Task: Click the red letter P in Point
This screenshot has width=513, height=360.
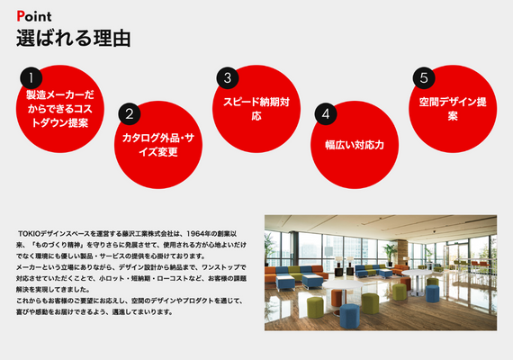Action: tap(21, 16)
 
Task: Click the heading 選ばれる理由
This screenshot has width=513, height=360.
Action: tap(74, 39)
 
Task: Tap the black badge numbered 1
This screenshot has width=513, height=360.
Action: tap(31, 78)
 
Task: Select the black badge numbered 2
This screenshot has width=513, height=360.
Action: tap(130, 114)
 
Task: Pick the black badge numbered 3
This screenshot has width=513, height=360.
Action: tap(228, 78)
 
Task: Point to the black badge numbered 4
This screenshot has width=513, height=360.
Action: tap(326, 114)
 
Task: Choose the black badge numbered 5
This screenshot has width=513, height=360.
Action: tap(424, 78)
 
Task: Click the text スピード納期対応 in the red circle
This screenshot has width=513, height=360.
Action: tap(256, 109)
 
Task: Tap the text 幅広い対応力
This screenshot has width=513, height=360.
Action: tap(355, 145)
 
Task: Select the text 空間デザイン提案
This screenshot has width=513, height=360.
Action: tap(453, 109)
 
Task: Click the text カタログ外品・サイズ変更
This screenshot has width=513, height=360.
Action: tap(158, 145)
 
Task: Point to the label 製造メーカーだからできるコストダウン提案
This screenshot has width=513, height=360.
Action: tap(60, 109)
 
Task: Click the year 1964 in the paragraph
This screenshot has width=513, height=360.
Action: tap(196, 234)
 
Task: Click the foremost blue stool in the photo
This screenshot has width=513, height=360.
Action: tap(350, 316)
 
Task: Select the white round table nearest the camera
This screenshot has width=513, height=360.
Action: tap(343, 286)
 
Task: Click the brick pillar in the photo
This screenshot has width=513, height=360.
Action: tap(402, 252)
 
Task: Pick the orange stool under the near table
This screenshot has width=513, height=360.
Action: tap(337, 298)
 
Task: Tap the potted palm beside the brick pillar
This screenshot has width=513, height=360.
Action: tap(390, 254)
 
